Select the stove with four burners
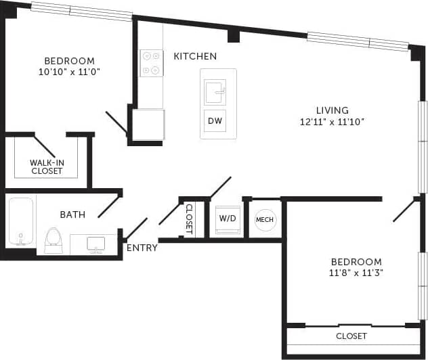click(151, 63)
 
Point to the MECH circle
click(265, 219)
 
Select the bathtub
click(20, 222)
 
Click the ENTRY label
click(142, 248)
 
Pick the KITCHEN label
click(195, 56)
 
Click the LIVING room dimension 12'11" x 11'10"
click(332, 122)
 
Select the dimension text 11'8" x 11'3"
click(356, 274)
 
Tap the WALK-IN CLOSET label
click(47, 166)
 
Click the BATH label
click(72, 215)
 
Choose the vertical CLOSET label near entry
click(189, 219)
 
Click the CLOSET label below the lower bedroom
click(351, 336)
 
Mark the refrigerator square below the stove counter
click(148, 125)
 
